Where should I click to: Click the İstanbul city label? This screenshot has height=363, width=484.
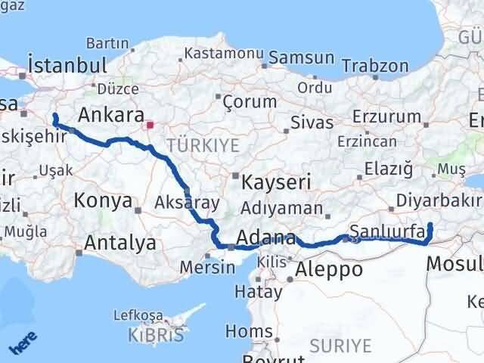(64, 64)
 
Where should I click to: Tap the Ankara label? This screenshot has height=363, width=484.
(111, 115)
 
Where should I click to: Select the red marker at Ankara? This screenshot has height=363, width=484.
(150, 124)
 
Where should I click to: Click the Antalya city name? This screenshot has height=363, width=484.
(120, 243)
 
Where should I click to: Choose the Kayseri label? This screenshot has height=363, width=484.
(276, 182)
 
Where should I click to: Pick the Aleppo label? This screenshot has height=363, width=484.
(329, 268)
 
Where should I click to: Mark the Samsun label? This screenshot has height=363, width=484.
(301, 57)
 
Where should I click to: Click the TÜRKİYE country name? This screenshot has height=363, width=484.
(203, 144)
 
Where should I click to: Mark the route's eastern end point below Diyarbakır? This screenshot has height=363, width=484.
(430, 225)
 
